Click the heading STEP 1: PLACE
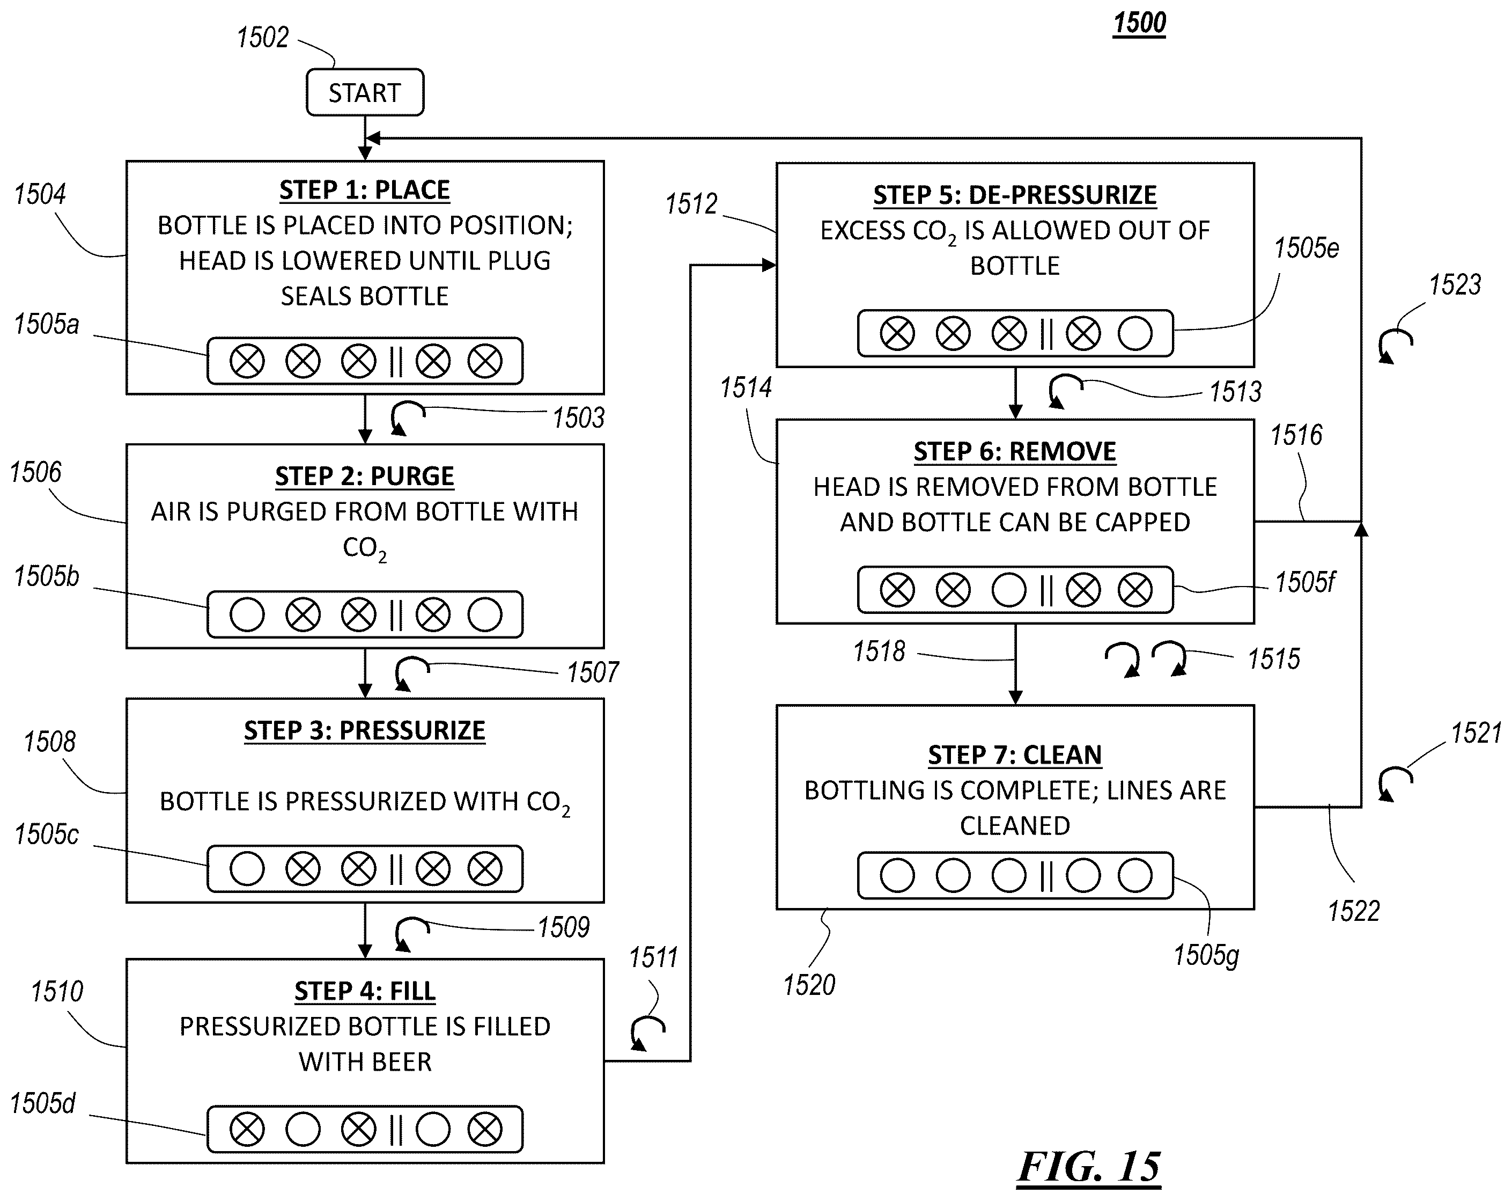365,190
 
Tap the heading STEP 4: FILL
365,991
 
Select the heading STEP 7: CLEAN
1015,755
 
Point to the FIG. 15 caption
1089,1166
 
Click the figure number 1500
1140,23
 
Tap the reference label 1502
262,37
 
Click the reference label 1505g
1206,955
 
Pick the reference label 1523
1455,285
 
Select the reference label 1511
653,957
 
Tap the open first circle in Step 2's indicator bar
247,614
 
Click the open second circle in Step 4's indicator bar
303,1130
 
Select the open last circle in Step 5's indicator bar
1135,333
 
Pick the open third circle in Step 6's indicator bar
1008,590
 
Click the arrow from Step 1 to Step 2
365,419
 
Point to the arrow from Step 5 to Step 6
1015,393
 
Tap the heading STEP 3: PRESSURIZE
365,731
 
